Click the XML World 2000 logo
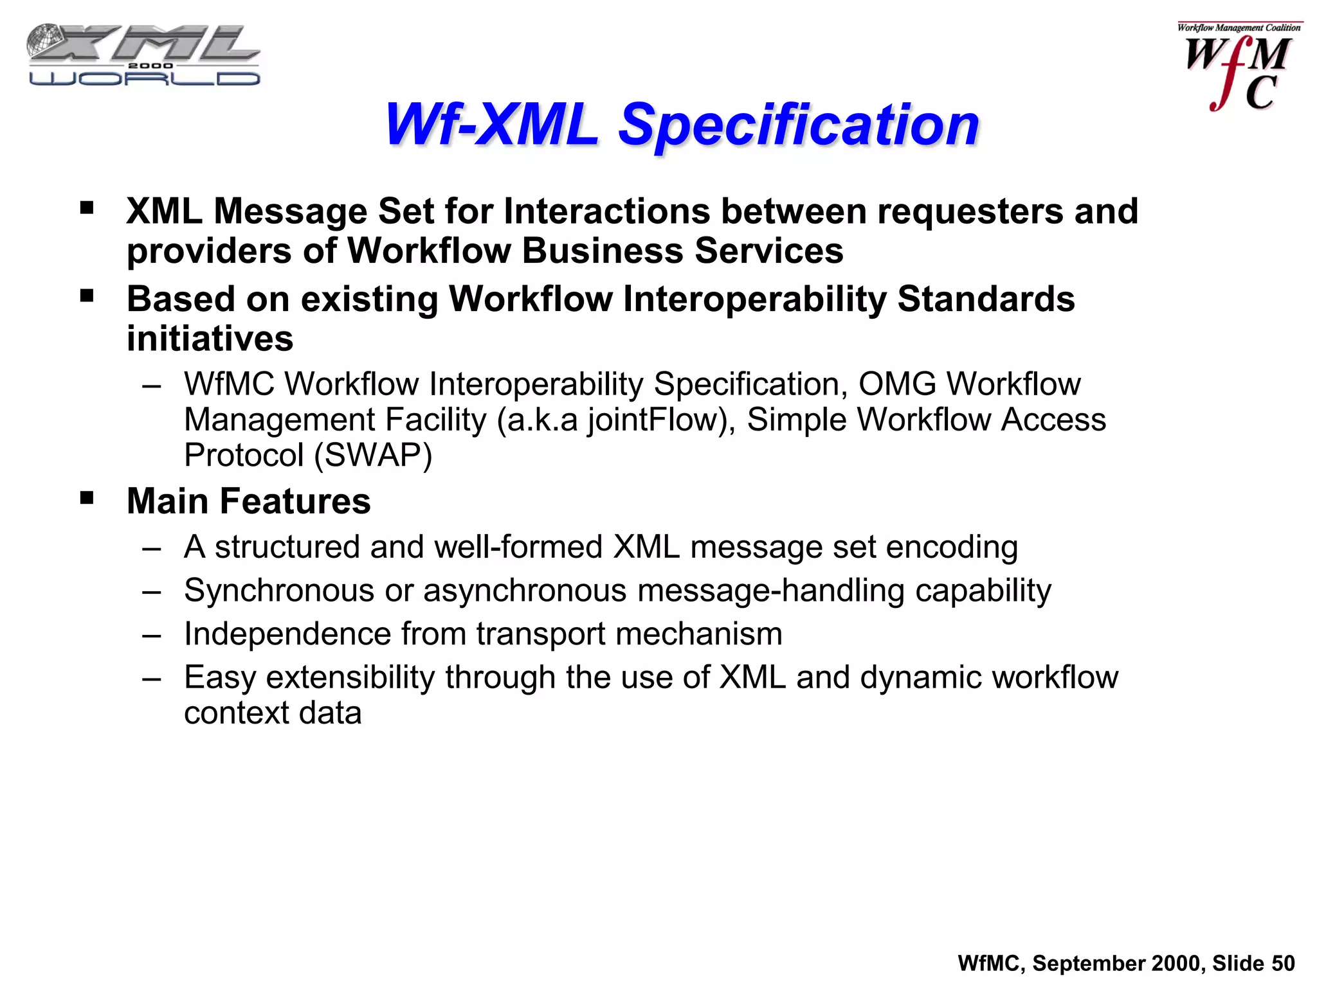[143, 55]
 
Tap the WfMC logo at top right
[1239, 67]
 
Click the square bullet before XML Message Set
[87, 208]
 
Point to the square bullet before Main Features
[87, 498]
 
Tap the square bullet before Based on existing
[87, 296]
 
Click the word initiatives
[210, 339]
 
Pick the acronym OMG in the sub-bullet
[897, 384]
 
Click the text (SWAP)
[373, 455]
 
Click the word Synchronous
[279, 591]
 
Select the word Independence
[287, 634]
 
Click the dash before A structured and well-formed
[152, 548]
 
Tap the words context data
[273, 713]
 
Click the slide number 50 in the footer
[1283, 963]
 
